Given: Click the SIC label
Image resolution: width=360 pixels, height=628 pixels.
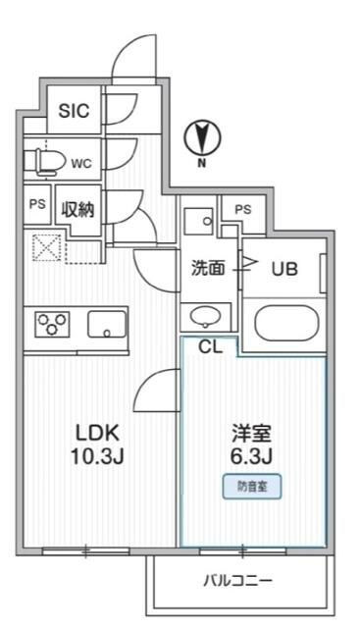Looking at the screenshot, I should pyautogui.click(x=74, y=111).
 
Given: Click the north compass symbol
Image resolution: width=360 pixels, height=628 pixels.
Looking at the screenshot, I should pyautogui.click(x=204, y=138).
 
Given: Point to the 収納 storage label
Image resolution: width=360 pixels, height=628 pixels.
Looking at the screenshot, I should pyautogui.click(x=78, y=209).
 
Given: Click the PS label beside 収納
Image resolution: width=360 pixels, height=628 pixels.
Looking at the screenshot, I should pyautogui.click(x=36, y=206).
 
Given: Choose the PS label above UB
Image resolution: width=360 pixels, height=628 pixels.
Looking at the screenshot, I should pyautogui.click(x=242, y=209).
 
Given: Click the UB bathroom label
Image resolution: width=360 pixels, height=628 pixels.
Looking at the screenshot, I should pyautogui.click(x=284, y=268).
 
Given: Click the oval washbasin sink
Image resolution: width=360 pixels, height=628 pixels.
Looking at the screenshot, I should pyautogui.click(x=205, y=316).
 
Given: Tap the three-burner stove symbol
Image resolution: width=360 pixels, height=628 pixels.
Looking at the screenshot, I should pyautogui.click(x=52, y=323).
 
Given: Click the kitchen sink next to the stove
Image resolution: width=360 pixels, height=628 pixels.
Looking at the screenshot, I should pyautogui.click(x=106, y=323).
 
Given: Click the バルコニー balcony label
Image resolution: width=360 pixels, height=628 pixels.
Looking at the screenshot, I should pyautogui.click(x=237, y=580).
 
